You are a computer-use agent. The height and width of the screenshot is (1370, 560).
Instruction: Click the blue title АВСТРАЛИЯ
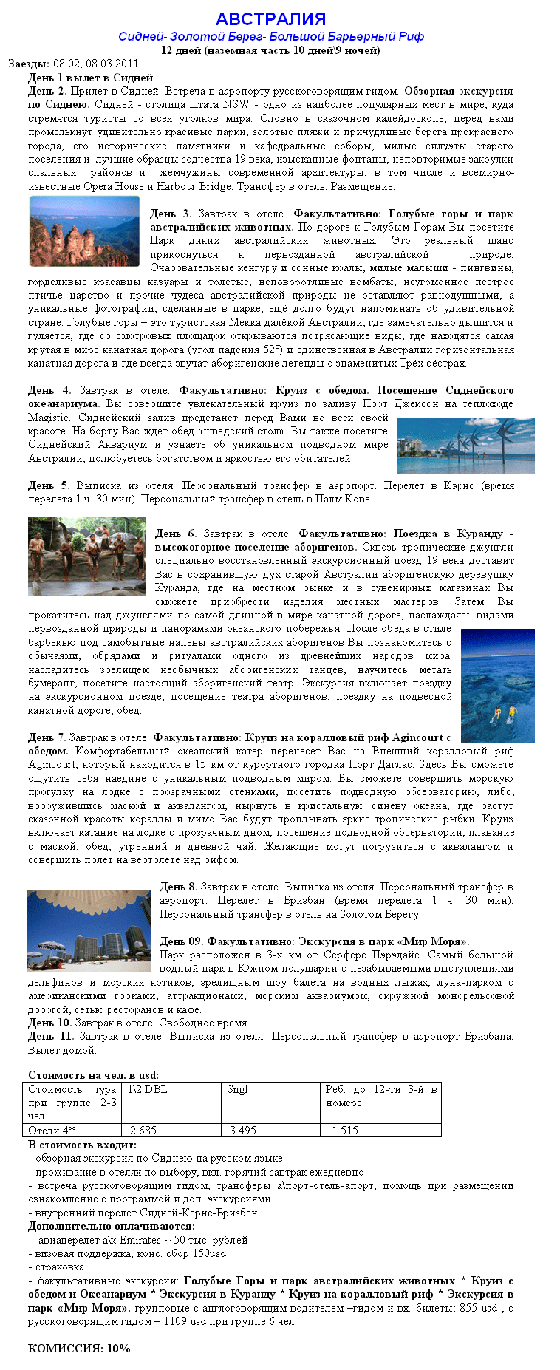coord(270,19)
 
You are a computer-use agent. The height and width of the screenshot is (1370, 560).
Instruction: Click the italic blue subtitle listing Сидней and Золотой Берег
coord(270,37)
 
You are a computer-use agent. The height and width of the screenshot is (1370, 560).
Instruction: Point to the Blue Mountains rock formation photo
coord(84,231)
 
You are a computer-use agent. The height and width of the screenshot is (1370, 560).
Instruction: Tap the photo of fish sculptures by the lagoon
coord(465,446)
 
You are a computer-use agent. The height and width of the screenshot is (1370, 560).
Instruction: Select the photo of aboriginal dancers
coord(87,556)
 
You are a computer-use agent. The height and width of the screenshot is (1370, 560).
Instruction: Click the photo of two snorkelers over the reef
coord(497,685)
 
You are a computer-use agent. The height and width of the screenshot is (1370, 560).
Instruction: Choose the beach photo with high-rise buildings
coord(89,930)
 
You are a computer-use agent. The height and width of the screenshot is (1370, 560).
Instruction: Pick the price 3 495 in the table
coord(242,1130)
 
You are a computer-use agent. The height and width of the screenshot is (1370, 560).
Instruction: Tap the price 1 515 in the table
coord(344,1130)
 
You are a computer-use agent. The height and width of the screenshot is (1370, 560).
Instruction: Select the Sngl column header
coord(237,1089)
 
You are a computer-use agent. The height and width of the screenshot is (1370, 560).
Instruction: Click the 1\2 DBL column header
coord(148,1089)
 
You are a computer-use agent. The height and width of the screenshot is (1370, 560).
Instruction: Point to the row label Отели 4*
coord(52,1130)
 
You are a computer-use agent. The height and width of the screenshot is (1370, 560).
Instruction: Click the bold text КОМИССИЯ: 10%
coord(79,1348)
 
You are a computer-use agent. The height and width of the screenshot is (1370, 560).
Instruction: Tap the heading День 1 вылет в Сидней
coord(90,78)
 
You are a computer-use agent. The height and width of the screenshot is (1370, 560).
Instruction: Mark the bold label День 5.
coord(49,485)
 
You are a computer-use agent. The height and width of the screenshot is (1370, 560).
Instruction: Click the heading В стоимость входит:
coord(82,1145)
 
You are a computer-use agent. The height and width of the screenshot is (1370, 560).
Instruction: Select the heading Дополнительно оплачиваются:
coord(111,1226)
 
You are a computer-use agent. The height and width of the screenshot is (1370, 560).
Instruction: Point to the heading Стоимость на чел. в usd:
coord(93,1075)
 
